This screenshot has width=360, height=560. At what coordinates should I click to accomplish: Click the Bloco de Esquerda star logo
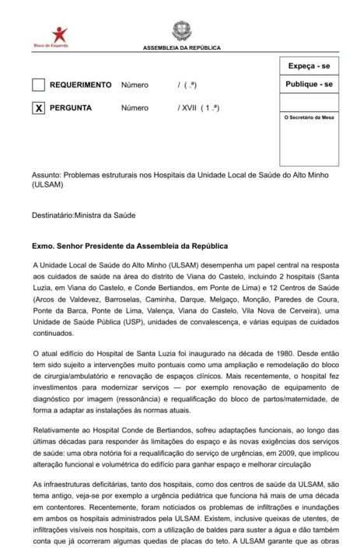click(60, 34)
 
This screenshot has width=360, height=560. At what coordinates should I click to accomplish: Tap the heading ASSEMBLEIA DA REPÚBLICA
click(181, 48)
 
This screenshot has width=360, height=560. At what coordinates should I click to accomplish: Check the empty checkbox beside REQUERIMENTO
click(38, 85)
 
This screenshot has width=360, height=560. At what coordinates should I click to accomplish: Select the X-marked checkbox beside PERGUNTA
click(38, 108)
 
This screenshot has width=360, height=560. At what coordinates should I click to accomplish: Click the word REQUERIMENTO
click(81, 85)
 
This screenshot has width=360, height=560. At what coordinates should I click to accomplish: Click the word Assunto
click(45, 176)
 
